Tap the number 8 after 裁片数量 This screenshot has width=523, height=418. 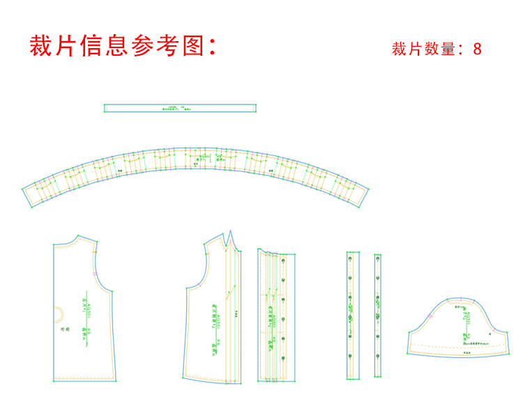(x=477, y=49)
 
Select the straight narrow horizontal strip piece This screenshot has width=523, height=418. (x=180, y=108)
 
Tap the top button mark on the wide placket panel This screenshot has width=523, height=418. (x=284, y=260)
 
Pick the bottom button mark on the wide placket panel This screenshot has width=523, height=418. (x=284, y=358)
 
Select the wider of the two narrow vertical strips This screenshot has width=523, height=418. (x=351, y=314)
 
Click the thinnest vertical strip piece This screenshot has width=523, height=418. (x=377, y=314)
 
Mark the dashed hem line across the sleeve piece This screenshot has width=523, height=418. (x=457, y=346)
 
